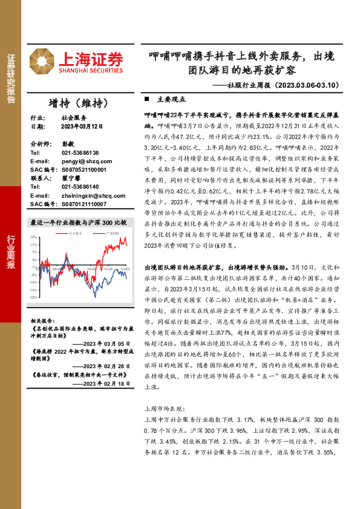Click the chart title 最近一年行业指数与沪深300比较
coord(79,222)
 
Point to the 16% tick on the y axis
coord(34,238)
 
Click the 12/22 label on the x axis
coord(108,270)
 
